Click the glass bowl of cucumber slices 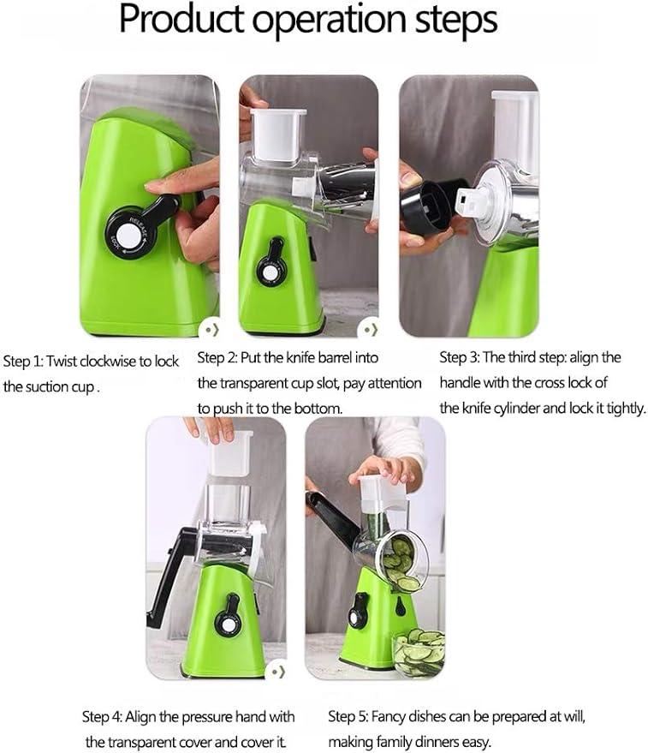point(419,653)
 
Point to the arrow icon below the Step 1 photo point(210,329)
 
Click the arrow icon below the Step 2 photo point(369,329)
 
